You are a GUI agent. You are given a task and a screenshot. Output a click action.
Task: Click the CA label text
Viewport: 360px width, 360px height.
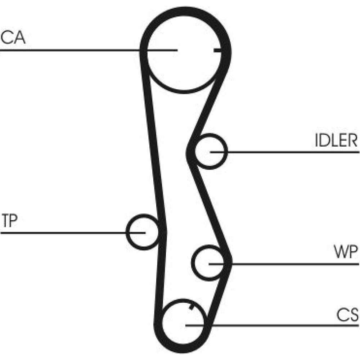click(x=13, y=38)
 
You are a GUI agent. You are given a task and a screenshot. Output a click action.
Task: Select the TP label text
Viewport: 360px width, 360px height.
click(x=9, y=220)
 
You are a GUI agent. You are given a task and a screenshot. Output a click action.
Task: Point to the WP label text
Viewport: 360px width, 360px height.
click(x=346, y=252)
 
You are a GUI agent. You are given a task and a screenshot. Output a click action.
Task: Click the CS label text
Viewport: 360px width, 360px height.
click(x=347, y=315)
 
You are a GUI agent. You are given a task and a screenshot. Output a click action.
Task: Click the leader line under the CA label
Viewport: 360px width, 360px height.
click(x=89, y=50)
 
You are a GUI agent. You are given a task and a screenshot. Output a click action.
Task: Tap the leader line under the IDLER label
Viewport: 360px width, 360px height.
click(x=285, y=152)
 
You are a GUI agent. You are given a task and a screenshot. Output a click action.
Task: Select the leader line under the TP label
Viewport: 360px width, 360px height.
click(x=73, y=233)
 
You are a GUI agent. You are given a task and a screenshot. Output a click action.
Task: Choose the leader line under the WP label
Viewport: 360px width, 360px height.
click(x=284, y=264)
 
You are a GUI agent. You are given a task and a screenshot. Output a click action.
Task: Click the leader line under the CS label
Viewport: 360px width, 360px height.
click(x=272, y=325)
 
